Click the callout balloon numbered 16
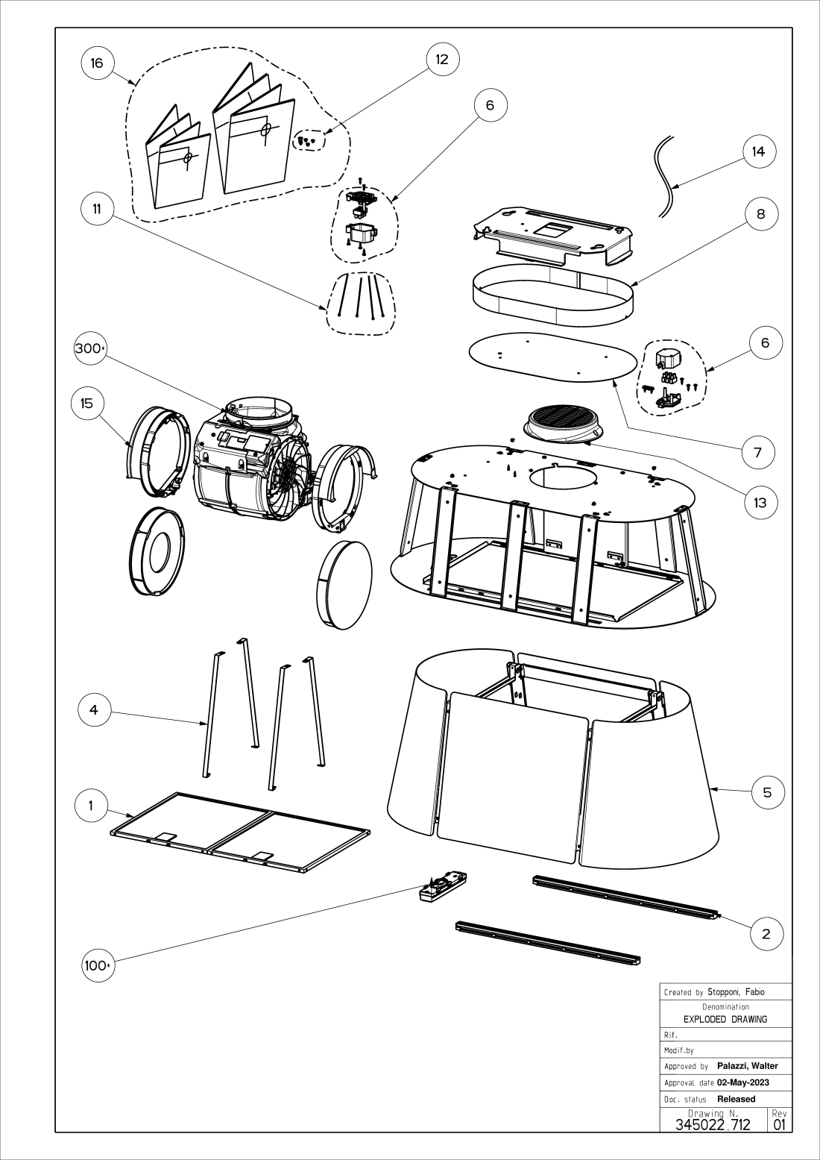(x=97, y=63)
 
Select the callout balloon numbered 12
(x=442, y=59)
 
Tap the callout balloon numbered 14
(x=758, y=151)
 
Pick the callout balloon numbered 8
(x=761, y=214)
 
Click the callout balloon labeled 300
(x=90, y=348)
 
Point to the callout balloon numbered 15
(x=87, y=403)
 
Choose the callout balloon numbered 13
(x=760, y=502)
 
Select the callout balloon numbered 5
(x=767, y=792)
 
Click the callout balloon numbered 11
(x=97, y=209)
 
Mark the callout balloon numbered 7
(x=758, y=452)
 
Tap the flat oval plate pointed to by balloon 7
(x=552, y=357)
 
